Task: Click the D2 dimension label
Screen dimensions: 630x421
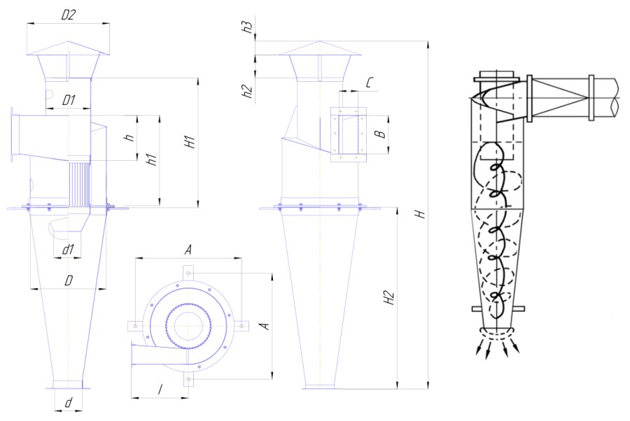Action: coord(69,15)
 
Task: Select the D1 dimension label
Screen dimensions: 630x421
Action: coord(69,100)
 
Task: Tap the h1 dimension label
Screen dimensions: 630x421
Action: coord(151,159)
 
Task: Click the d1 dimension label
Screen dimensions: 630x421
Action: coord(68,250)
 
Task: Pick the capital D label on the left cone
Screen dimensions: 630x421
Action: coord(69,280)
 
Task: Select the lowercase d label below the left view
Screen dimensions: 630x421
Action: coord(69,403)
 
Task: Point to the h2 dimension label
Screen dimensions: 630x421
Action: coord(248,91)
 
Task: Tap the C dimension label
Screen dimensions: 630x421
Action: coord(370,83)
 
